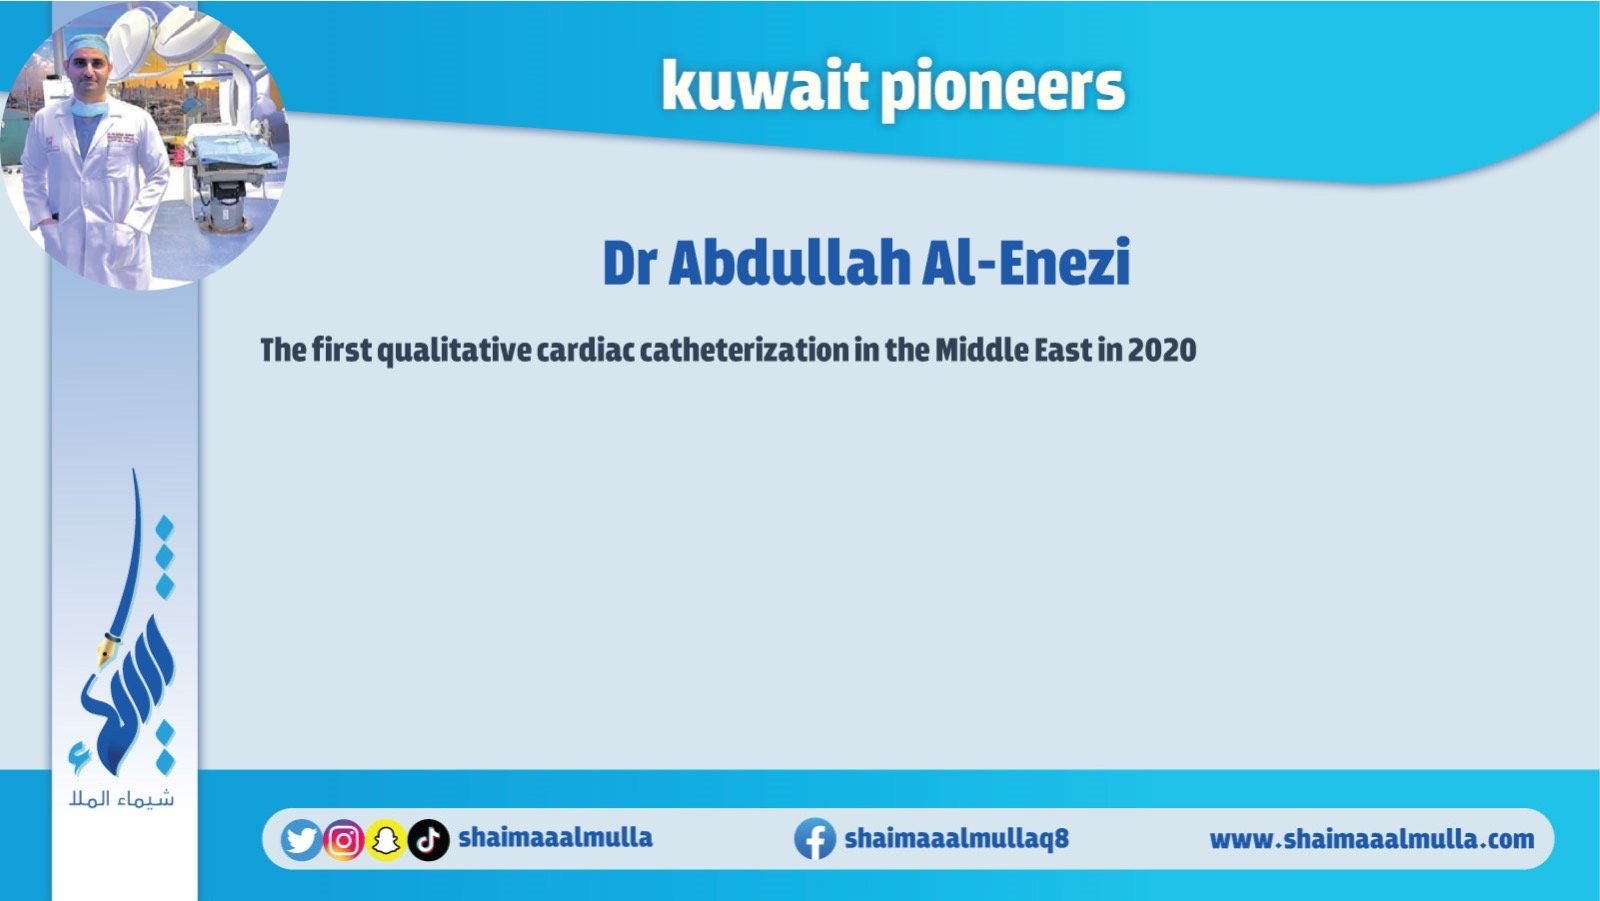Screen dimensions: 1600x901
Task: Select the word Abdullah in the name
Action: click(789, 263)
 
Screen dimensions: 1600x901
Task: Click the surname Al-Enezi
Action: click(1026, 263)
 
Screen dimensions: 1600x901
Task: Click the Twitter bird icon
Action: click(301, 840)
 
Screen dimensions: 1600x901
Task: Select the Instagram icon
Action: click(344, 840)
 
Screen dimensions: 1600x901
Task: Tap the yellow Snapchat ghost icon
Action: click(386, 840)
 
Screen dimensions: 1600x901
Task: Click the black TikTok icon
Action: click(429, 840)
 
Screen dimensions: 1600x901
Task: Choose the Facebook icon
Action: click(815, 839)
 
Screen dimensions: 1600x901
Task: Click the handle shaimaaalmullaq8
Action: click(956, 838)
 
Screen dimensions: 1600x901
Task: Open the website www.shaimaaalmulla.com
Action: click(1371, 839)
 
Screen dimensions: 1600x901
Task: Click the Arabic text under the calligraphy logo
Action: click(121, 799)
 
